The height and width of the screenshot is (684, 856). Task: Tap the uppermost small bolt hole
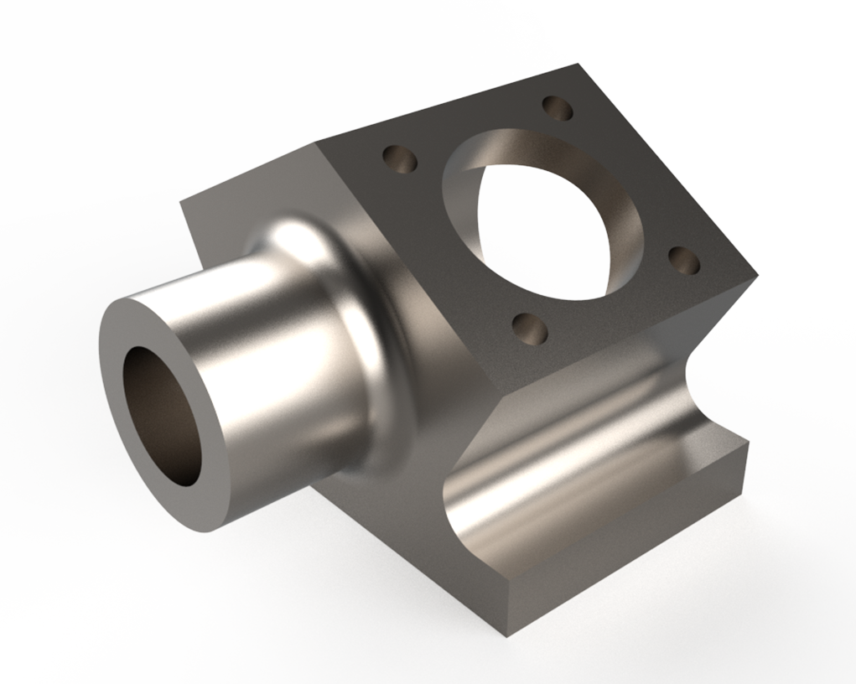[x=557, y=108]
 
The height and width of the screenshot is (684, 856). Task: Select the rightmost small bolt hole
[x=685, y=261]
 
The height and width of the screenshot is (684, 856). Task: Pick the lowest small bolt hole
[x=529, y=328]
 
